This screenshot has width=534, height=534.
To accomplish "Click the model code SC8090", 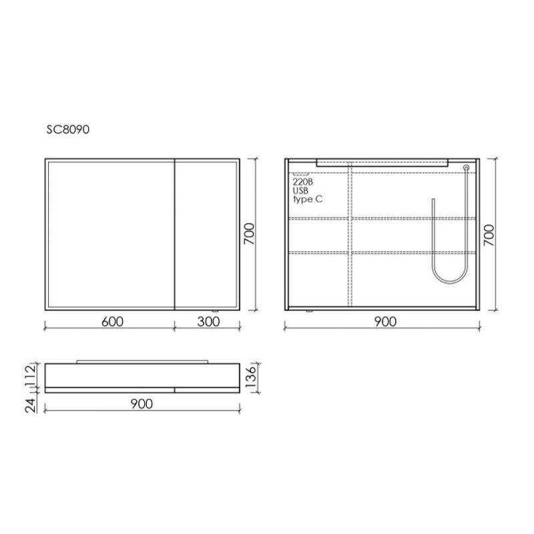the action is coord(68,129).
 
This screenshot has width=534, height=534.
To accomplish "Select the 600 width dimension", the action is coord(112,322).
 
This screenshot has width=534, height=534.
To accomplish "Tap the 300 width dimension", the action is coord(208,322).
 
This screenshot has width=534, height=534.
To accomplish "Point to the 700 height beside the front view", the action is coord(249,234).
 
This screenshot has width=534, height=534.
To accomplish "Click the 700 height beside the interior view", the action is coord(489,236).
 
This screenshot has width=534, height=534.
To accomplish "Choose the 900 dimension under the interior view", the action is coord(385,322).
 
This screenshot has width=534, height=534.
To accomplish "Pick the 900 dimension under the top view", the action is coord(142,405).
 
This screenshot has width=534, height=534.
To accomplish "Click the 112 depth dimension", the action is coord(31,374).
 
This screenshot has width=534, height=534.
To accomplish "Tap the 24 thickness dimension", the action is coord(31,405).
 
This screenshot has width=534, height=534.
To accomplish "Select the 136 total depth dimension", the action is coord(251,377).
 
